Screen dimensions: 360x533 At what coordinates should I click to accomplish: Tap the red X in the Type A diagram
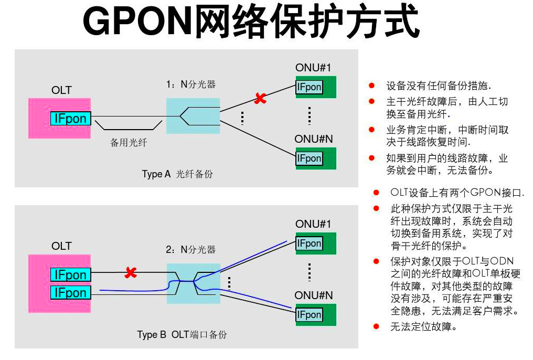pyautogui.click(x=260, y=98)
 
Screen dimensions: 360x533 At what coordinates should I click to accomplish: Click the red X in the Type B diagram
pyautogui.click(x=131, y=272)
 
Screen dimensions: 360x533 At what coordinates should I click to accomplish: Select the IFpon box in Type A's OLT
pyautogui.click(x=71, y=119)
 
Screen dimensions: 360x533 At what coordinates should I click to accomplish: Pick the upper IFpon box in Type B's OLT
pyautogui.click(x=71, y=275)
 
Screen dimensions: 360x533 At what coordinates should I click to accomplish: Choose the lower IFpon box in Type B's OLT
pyautogui.click(x=71, y=292)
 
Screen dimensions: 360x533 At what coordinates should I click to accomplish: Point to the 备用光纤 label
pyautogui.click(x=129, y=142)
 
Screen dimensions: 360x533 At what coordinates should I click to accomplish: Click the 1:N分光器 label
pyautogui.click(x=190, y=84)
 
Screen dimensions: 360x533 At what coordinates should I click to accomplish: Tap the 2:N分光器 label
pyautogui.click(x=190, y=250)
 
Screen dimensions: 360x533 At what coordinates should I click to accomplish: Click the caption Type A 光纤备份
pyautogui.click(x=177, y=174)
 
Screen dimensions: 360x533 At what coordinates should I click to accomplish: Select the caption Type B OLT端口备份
pyautogui.click(x=182, y=334)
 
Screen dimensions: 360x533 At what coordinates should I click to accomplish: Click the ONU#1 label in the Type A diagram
pyautogui.click(x=313, y=68)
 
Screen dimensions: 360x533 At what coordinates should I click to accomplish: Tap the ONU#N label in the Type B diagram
pyautogui.click(x=314, y=295)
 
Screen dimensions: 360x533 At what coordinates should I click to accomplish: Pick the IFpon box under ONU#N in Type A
pyautogui.click(x=309, y=158)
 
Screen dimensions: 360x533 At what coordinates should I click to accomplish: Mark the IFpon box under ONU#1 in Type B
pyautogui.click(x=309, y=243)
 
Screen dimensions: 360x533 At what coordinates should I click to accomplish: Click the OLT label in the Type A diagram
pyautogui.click(x=61, y=90)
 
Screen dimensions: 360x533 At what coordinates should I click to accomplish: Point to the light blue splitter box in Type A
pyautogui.click(x=193, y=115)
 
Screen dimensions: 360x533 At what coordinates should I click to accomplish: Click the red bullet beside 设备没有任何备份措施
pyautogui.click(x=372, y=85)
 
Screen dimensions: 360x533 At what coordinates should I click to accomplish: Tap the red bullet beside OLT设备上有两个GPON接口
pyautogui.click(x=376, y=192)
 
